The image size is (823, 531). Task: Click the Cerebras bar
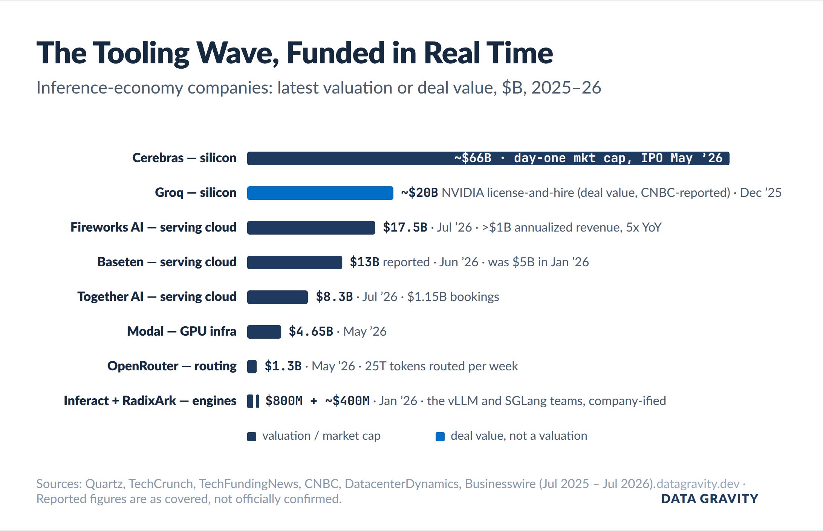[488, 158]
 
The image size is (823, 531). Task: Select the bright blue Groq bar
[320, 193]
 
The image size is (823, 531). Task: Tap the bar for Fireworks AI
[311, 228]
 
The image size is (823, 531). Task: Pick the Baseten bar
[295, 262]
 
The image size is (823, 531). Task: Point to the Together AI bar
[277, 297]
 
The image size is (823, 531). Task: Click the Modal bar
[264, 332]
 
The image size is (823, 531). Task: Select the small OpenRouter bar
[252, 367]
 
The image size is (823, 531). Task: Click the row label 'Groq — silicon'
[196, 193]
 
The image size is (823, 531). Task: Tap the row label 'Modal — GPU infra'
[182, 331]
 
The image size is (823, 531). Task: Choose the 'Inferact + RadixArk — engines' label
[150, 401]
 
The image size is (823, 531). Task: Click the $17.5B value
[405, 227]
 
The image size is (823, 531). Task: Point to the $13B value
[364, 262]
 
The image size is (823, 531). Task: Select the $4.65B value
[311, 331]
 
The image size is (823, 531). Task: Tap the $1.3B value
[283, 366]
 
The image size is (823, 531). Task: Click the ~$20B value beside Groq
[419, 193]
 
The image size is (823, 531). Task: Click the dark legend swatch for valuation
[252, 437]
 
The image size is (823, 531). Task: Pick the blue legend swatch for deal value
[440, 437]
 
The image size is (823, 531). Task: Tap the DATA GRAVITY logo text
[710, 499]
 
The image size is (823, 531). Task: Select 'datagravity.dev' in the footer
[698, 484]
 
